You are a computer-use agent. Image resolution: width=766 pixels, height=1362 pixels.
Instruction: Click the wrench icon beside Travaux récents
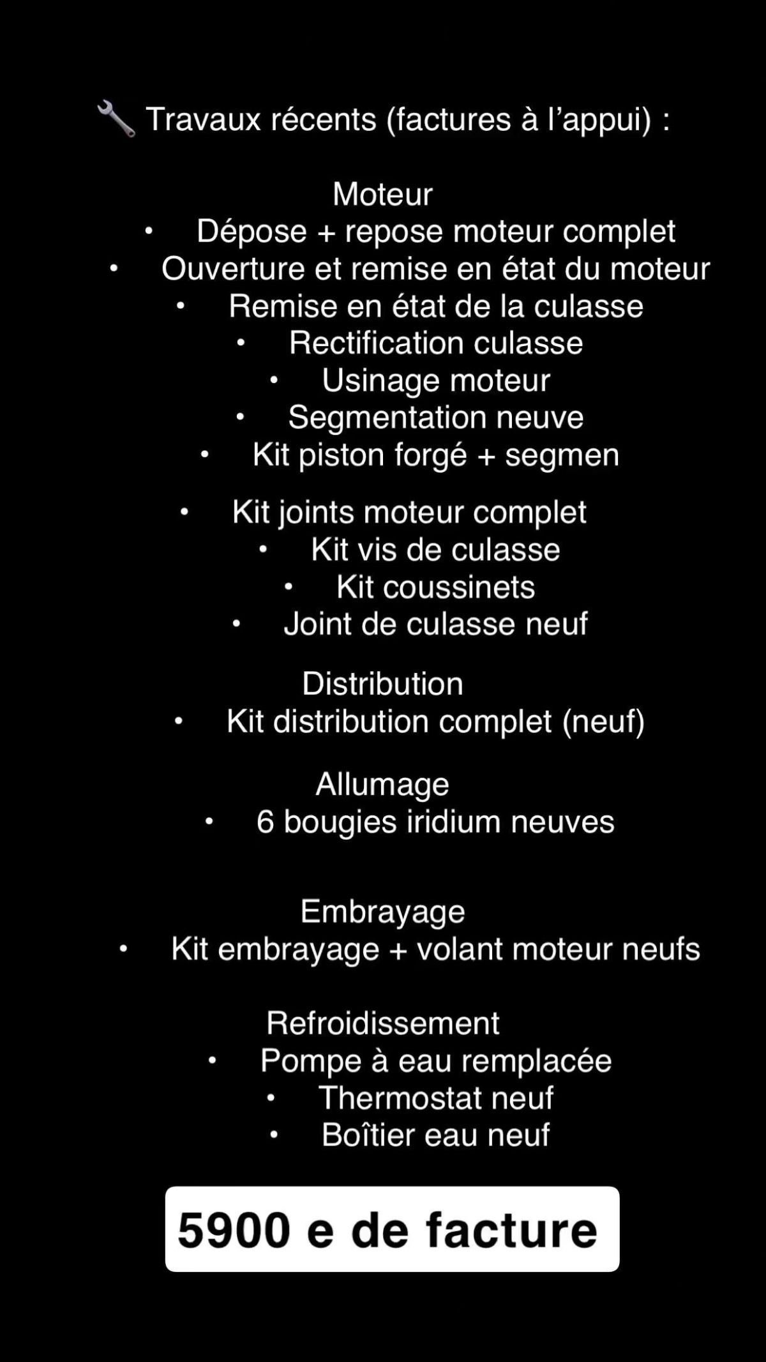(116, 119)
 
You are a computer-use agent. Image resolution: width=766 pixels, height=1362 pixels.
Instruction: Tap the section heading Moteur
(382, 194)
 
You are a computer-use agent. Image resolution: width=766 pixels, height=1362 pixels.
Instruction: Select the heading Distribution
(382, 684)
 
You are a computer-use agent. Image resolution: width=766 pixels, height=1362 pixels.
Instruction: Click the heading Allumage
(382, 785)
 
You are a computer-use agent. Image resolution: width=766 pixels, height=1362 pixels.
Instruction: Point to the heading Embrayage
(382, 912)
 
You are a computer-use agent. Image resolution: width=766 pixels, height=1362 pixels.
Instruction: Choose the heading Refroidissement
(382, 1023)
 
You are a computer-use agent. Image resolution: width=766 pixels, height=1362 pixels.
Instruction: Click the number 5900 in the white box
(234, 1230)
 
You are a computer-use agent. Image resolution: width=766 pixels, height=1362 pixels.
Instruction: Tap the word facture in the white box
(511, 1230)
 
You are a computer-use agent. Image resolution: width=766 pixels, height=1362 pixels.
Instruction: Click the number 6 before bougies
(265, 822)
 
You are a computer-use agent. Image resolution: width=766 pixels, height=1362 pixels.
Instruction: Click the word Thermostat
(400, 1098)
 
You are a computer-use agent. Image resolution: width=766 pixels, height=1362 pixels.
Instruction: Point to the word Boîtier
(368, 1135)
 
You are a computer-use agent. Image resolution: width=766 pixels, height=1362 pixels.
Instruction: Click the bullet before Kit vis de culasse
(263, 550)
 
